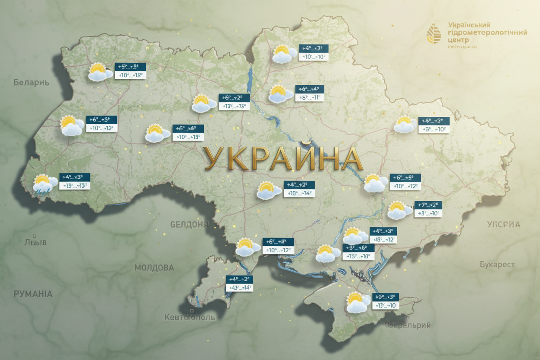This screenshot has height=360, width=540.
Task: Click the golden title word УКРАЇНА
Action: click(283, 159)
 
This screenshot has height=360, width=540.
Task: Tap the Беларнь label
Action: click(31, 82)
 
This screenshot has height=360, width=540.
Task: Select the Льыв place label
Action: click(35, 242)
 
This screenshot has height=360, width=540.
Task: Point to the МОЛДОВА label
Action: click(154, 268)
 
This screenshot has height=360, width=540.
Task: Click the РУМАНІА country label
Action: click(33, 294)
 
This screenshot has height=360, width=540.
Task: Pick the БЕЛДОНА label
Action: click(190, 225)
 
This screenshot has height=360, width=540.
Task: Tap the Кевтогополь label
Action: click(190, 317)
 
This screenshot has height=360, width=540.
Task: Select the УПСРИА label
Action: click(503, 224)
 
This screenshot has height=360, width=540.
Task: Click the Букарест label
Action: click(497, 264)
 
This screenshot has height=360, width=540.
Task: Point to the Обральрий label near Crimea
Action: click(408, 325)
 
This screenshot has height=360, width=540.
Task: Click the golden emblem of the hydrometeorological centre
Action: click(434, 34)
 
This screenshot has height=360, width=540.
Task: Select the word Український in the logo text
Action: click(469, 25)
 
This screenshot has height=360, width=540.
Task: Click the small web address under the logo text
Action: click(463, 47)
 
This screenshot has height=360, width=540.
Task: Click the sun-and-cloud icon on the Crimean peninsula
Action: click(358, 302)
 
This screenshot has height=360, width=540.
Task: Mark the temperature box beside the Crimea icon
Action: click(385, 301)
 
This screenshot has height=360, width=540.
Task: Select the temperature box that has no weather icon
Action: click(240, 283)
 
